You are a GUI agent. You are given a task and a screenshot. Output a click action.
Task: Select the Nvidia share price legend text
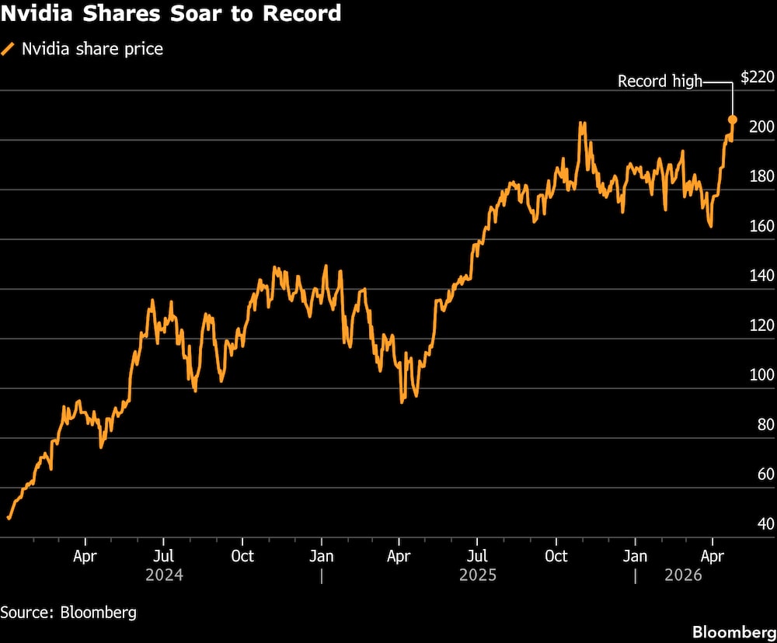(x=92, y=50)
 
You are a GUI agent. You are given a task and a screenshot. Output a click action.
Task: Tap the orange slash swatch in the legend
(x=9, y=50)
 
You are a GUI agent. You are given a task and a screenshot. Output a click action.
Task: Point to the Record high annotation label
(x=660, y=81)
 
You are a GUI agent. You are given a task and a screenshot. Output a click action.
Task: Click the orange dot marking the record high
(x=732, y=120)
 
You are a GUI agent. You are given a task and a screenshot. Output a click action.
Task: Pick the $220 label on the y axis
(x=758, y=77)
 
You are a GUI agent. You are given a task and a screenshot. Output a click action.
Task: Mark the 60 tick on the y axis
(x=765, y=474)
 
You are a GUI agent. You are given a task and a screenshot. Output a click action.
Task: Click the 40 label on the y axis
(x=765, y=524)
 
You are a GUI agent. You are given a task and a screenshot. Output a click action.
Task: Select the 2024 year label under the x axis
(x=165, y=575)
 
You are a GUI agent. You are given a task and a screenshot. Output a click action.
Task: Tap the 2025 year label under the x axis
(x=478, y=575)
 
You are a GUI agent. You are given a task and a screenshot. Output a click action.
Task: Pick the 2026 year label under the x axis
(x=683, y=575)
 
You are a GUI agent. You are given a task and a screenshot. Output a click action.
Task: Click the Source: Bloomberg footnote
(x=68, y=612)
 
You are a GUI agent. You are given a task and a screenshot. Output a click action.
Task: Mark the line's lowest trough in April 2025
(x=402, y=401)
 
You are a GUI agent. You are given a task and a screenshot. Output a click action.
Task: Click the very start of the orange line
(x=9, y=517)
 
